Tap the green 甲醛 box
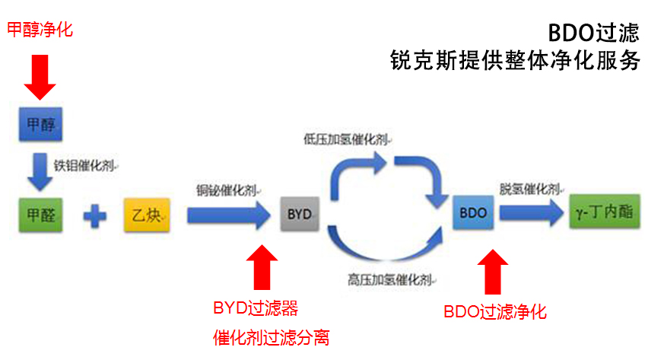[40, 215]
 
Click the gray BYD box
[300, 215]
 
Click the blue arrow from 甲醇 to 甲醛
[37, 171]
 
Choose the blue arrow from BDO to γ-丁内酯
[530, 214]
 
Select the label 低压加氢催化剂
[348, 140]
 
